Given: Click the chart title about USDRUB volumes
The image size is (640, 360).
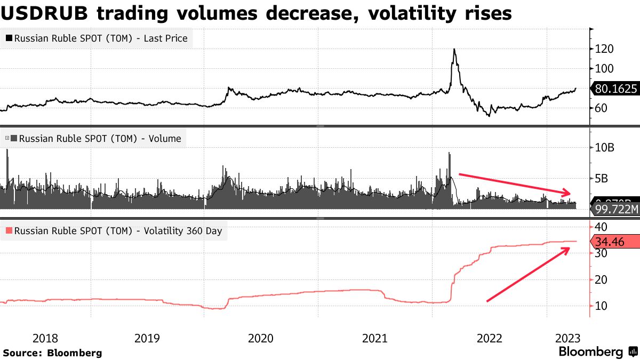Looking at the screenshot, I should tap(256, 13).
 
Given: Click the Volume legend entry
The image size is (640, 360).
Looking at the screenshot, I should tap(93, 139).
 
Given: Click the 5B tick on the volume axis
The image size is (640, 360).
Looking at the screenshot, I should tap(604, 178).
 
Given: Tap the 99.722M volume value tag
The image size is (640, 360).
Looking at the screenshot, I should tap(615, 209).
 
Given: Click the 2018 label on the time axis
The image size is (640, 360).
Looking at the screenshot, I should tap(45, 338).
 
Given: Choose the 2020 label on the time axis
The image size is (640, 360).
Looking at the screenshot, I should tap(261, 338).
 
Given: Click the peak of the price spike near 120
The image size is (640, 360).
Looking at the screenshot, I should tap(454, 49).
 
